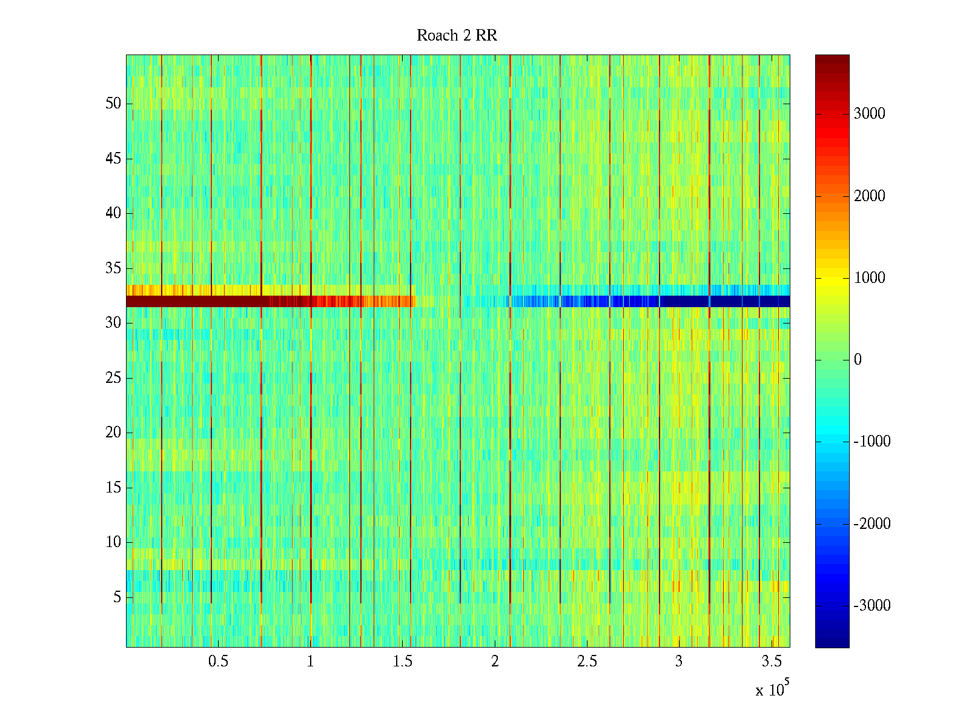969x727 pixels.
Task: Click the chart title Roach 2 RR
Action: (x=457, y=36)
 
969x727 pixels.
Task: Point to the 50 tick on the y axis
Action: (x=113, y=104)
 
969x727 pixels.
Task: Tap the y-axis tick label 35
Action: (x=113, y=268)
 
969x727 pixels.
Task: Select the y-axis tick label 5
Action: (x=117, y=597)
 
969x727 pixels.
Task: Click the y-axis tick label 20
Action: (x=113, y=433)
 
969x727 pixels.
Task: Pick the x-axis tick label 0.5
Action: (x=218, y=662)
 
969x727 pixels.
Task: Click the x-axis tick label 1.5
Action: (x=402, y=662)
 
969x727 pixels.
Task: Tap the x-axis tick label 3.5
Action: (x=771, y=662)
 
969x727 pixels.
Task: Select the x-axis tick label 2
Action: (x=495, y=662)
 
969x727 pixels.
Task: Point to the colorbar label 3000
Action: (x=869, y=114)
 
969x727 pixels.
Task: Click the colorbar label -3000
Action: (x=871, y=606)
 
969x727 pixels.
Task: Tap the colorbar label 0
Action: (x=858, y=360)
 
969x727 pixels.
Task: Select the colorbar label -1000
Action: (x=871, y=442)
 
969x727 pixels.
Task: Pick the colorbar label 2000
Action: (x=869, y=196)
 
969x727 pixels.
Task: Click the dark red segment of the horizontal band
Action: (x=194, y=301)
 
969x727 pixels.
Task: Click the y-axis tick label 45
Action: (x=113, y=159)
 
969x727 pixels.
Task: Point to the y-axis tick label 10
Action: (x=113, y=542)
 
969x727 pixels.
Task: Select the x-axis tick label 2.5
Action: (x=587, y=662)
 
